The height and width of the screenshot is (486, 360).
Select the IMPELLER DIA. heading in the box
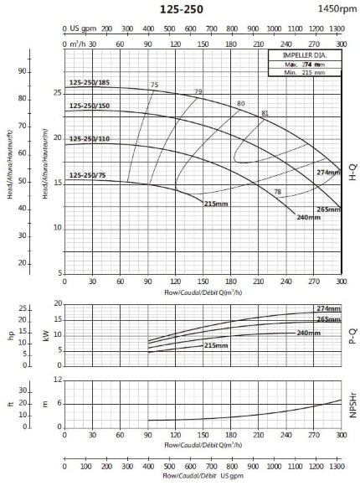(x=306, y=55)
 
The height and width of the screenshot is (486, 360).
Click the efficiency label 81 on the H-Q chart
(x=265, y=113)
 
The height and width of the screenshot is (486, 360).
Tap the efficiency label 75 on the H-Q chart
(x=154, y=85)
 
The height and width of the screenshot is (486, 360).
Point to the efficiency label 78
(x=277, y=193)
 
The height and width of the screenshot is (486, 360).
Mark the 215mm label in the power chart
(x=216, y=345)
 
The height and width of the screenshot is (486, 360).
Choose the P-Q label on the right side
(x=352, y=337)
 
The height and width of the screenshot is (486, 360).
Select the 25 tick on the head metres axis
(x=57, y=93)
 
